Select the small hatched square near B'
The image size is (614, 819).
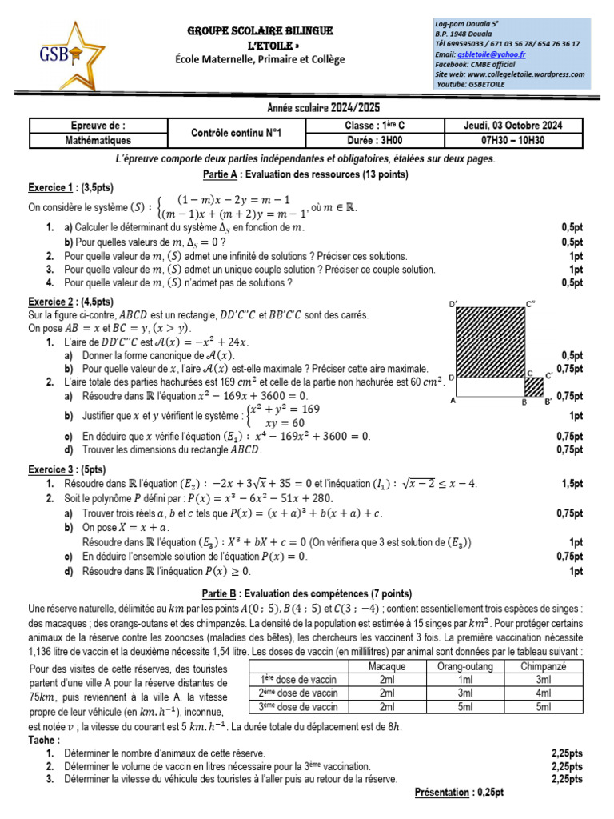(533, 386)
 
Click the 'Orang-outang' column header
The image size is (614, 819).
(466, 666)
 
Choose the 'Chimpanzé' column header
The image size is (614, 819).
(544, 666)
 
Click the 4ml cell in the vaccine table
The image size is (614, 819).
(544, 693)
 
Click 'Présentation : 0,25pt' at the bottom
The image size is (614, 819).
(459, 792)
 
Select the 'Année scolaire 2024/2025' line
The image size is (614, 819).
(307, 107)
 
